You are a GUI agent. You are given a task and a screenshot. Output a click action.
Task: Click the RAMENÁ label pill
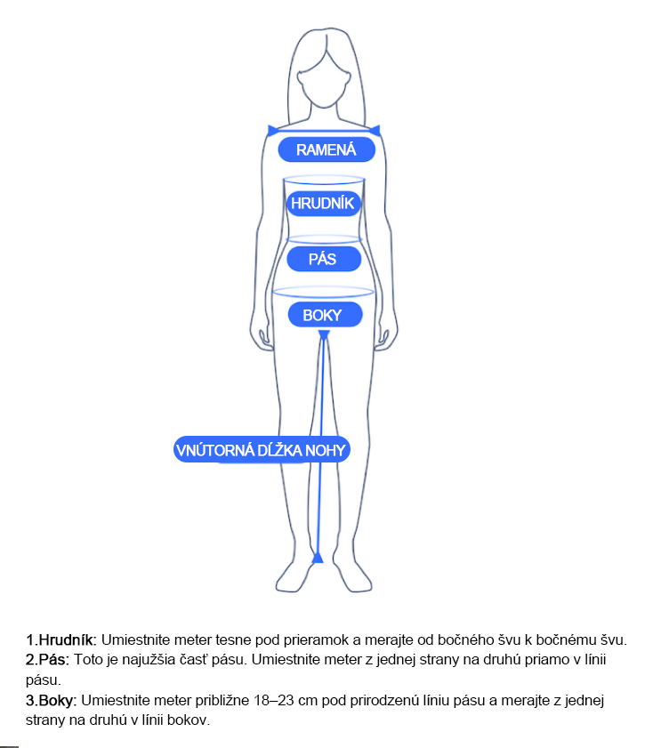326,149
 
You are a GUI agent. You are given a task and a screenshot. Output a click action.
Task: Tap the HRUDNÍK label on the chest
323,204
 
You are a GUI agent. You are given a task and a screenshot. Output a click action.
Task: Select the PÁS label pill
323,260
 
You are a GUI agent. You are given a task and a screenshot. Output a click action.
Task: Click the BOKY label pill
322,315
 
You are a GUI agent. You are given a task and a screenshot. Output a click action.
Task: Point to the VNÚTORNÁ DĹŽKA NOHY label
261,450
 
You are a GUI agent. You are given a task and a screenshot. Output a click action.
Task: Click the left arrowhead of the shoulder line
271,131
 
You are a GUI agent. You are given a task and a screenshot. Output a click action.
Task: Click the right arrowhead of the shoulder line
376,131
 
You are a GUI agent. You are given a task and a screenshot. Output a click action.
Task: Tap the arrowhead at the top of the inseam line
324,334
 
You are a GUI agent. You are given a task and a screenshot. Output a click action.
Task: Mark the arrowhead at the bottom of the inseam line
318,558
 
